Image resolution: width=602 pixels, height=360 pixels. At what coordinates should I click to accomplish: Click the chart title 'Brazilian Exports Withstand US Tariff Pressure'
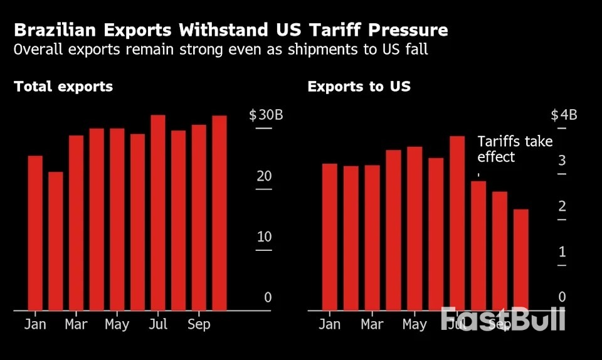[x=231, y=31]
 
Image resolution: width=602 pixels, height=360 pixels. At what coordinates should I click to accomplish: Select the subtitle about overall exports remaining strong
[x=221, y=50]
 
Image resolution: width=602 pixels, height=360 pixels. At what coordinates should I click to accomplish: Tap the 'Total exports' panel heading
[x=63, y=87]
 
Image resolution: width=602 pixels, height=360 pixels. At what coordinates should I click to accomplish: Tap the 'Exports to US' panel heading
[x=359, y=87]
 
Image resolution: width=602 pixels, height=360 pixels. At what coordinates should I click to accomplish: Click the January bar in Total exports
[x=35, y=233]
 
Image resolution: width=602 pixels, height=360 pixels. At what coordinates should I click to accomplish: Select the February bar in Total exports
[x=56, y=241]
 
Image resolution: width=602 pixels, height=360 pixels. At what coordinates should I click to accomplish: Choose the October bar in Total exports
[x=219, y=213]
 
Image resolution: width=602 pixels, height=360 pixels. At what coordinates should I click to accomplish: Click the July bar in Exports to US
[x=457, y=223]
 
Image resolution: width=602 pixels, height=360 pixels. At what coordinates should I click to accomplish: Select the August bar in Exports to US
[x=478, y=245]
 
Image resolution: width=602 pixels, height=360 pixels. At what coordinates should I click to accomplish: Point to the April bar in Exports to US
[x=393, y=230]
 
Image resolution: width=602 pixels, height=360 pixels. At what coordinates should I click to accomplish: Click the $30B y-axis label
[x=266, y=115]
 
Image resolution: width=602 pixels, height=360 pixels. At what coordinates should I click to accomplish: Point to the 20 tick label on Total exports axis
[x=264, y=176]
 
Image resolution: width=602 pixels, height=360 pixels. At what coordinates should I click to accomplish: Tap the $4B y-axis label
[x=564, y=115]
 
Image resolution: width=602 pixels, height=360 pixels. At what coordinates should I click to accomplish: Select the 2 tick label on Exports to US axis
[x=562, y=206]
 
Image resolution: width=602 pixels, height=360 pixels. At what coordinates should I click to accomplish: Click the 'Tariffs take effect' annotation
[x=514, y=149]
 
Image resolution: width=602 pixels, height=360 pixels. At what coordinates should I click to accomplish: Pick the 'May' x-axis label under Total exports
[x=117, y=324]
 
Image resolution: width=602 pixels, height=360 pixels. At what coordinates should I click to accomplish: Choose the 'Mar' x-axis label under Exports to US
[x=372, y=324]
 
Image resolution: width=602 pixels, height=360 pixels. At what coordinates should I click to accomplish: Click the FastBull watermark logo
[x=503, y=319]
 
